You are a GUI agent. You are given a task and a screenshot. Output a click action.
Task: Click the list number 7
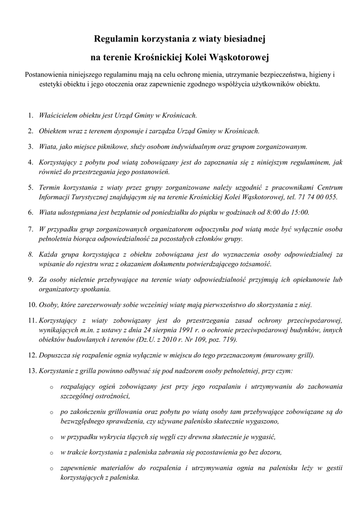tap(30, 229)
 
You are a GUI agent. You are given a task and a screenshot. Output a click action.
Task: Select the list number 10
tap(31, 305)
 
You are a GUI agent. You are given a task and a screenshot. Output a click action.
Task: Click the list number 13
tap(31, 371)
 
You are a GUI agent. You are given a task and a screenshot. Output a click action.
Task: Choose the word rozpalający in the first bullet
tap(78, 386)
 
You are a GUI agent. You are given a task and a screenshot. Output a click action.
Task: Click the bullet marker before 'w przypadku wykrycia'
tap(51, 438)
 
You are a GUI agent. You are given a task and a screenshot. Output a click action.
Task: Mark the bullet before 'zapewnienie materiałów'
tap(51, 469)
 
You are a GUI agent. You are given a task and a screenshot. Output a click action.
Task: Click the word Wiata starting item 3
tap(48, 146)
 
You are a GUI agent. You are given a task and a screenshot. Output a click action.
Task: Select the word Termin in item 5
tap(51, 188)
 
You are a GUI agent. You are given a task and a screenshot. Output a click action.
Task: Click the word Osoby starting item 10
tap(49, 305)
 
